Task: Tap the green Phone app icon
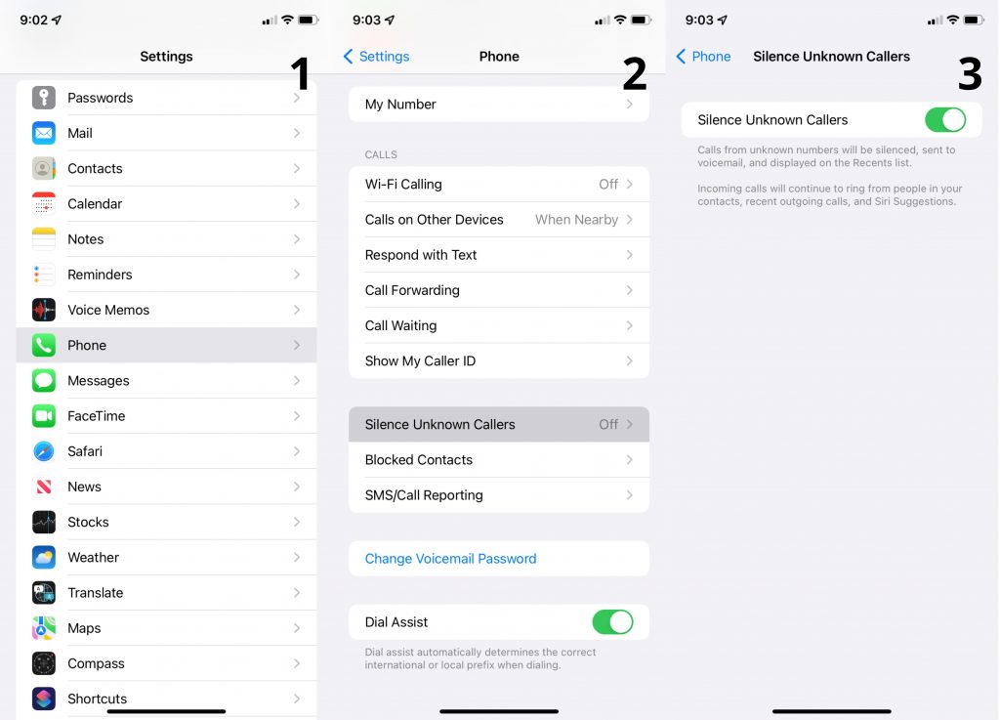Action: coord(43,345)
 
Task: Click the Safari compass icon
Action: coord(43,451)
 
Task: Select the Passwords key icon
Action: coord(43,98)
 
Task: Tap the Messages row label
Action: coord(98,381)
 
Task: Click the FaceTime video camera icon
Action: coord(43,416)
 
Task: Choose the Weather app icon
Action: coord(43,558)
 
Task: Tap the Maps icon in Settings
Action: coord(43,628)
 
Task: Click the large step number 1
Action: coord(300,75)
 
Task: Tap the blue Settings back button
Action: coord(377,57)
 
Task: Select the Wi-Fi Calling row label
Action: coord(403,184)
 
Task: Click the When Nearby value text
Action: coord(576,220)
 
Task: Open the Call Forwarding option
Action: coord(412,290)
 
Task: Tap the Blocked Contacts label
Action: coord(418,460)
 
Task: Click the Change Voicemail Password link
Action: coord(450,559)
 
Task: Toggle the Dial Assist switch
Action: coord(612,622)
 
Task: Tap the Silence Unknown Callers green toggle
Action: coord(944,120)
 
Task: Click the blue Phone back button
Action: coord(703,57)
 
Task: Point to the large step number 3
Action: coord(969,75)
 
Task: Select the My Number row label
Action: coord(400,105)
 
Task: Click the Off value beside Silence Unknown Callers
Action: coord(607,425)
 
